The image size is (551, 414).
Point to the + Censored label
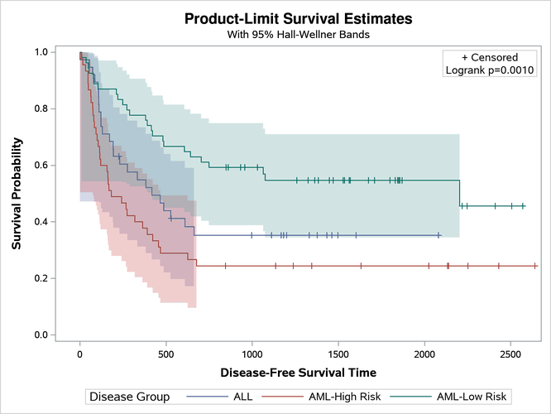coord(490,57)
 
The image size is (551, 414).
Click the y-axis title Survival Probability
coord(17,193)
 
